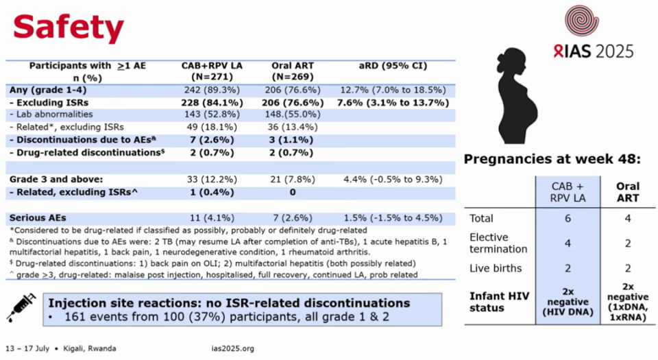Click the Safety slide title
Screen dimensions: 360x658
(69, 28)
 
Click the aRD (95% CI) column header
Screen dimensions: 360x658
(393, 67)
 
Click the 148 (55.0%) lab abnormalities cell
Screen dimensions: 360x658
(292, 115)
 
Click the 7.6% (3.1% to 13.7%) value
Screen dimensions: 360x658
(393, 102)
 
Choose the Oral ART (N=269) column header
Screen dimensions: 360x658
(292, 71)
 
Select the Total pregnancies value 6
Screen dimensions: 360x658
(566, 219)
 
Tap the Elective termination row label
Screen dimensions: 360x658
(498, 243)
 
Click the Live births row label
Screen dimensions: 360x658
(496, 268)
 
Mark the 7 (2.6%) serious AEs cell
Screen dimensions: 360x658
(292, 218)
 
